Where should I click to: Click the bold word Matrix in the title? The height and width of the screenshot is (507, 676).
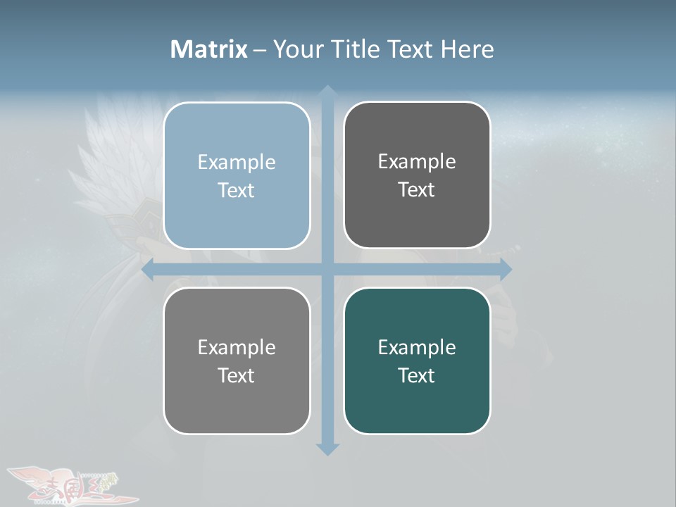pyautogui.click(x=208, y=49)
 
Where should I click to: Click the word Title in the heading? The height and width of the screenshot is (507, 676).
pyautogui.click(x=356, y=49)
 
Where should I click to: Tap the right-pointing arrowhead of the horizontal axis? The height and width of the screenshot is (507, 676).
pyautogui.click(x=505, y=270)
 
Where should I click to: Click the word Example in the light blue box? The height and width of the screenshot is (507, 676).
pyautogui.click(x=237, y=162)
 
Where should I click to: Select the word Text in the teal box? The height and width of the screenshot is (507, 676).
pyautogui.click(x=417, y=375)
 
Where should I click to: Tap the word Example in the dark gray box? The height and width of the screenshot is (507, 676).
pyautogui.click(x=417, y=161)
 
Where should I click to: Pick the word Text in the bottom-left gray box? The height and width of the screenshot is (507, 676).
pyautogui.click(x=237, y=375)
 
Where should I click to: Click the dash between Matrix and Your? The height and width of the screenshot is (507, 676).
pyautogui.click(x=260, y=50)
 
